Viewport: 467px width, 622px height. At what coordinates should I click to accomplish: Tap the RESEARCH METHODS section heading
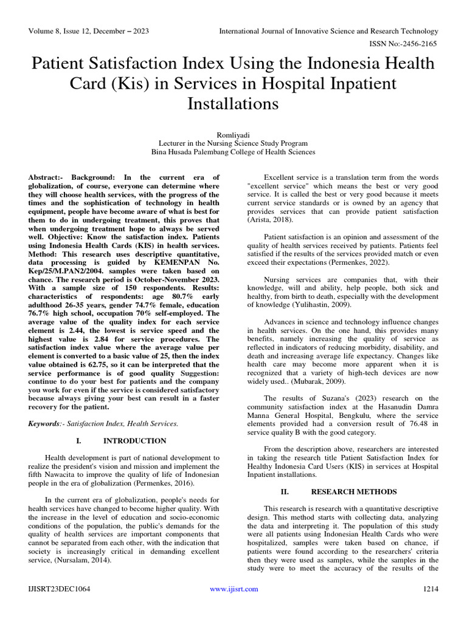pos(353,491)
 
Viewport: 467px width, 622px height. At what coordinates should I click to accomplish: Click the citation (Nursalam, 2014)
pos(84,560)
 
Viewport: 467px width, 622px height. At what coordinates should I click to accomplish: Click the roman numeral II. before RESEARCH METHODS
pos(283,491)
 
